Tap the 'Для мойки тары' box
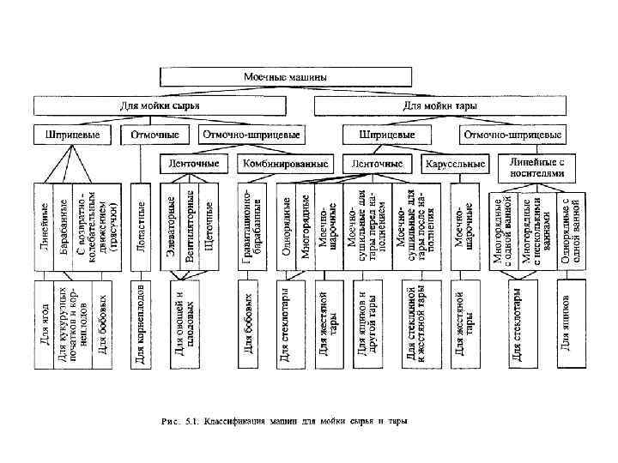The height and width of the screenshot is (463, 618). [x=440, y=106]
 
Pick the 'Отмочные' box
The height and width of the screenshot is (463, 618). [x=155, y=135]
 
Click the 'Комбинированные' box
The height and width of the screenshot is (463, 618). [x=285, y=163]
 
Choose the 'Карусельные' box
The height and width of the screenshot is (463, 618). [x=452, y=163]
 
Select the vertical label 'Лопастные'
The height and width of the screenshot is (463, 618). [x=141, y=225]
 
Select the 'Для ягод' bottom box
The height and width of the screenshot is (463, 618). [x=43, y=324]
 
